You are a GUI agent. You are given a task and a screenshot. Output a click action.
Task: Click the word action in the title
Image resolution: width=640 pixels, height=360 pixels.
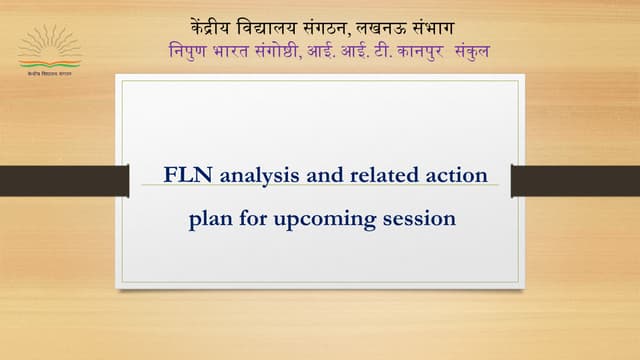(x=457, y=175)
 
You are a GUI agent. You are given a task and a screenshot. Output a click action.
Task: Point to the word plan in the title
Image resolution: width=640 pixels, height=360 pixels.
(x=209, y=217)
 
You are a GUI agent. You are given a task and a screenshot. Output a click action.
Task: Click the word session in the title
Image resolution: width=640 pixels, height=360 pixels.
(x=420, y=217)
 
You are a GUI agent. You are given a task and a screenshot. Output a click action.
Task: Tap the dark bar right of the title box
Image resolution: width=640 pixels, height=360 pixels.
(x=575, y=181)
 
